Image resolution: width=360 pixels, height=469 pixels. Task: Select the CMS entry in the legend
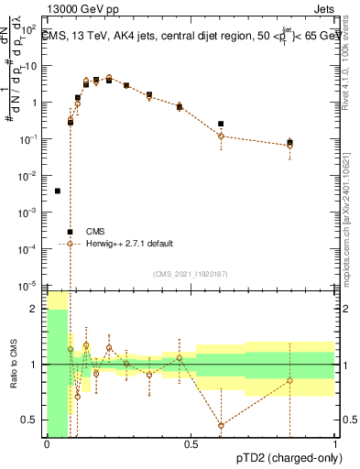(96, 232)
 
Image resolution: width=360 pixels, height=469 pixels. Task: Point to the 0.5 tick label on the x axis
(191, 445)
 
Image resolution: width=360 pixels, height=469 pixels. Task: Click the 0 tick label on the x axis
(47, 445)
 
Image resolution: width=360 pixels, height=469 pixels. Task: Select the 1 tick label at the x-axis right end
(335, 445)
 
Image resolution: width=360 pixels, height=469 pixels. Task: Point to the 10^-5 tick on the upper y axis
(30, 285)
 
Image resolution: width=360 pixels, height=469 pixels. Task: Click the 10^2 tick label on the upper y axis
(30, 30)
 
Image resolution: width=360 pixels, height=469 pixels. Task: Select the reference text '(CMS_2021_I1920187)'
(191, 274)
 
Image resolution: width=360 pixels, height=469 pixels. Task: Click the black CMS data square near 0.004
(58, 191)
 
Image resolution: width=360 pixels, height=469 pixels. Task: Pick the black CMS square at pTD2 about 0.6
(221, 124)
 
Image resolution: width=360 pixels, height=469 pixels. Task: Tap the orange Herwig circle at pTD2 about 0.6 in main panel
(221, 136)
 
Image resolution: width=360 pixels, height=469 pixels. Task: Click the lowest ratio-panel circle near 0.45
(221, 425)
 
